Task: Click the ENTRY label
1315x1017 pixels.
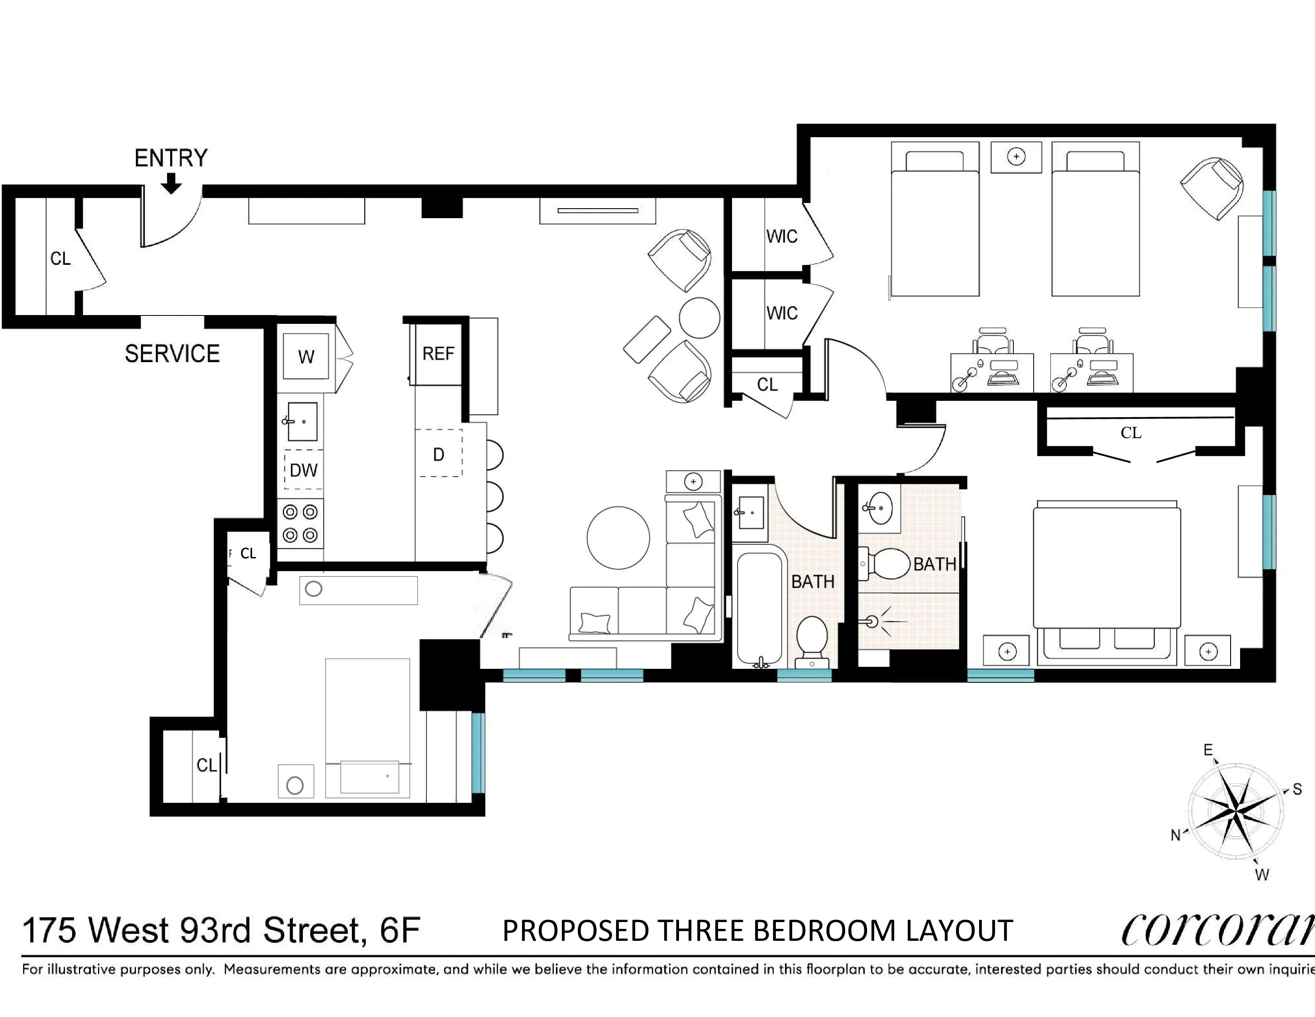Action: (171, 158)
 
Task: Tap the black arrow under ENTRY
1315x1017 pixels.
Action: (172, 183)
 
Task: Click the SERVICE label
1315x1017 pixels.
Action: (172, 354)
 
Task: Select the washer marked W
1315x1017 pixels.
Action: (306, 357)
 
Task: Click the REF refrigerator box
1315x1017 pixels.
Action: (438, 354)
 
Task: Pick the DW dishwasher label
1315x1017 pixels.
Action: (304, 470)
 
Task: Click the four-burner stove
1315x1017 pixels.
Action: (300, 523)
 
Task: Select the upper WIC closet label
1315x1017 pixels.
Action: (781, 236)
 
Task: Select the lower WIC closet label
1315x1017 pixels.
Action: (781, 313)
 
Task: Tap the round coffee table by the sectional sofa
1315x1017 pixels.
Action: (618, 538)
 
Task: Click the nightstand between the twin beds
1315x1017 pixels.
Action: (1016, 157)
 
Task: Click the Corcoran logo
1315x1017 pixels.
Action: (1216, 931)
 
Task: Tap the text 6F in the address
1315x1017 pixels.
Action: (399, 930)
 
